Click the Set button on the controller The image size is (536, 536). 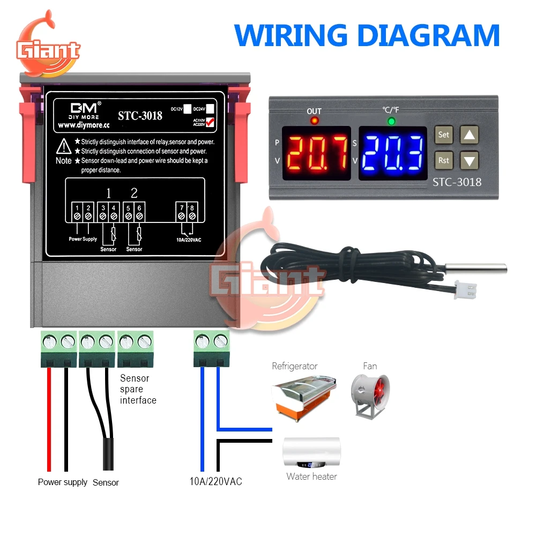click(x=443, y=135)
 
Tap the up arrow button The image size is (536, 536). click(x=470, y=135)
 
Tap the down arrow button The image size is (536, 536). click(x=470, y=160)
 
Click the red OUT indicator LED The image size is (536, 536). click(x=314, y=121)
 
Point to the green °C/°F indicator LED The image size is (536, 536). click(x=391, y=121)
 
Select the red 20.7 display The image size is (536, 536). click(x=316, y=153)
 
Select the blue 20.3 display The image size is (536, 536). click(x=393, y=153)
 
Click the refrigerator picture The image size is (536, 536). click(x=304, y=395)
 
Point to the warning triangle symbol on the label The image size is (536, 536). click(x=64, y=145)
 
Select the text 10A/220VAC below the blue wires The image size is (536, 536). click(x=215, y=481)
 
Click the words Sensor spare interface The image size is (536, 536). click(x=138, y=389)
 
